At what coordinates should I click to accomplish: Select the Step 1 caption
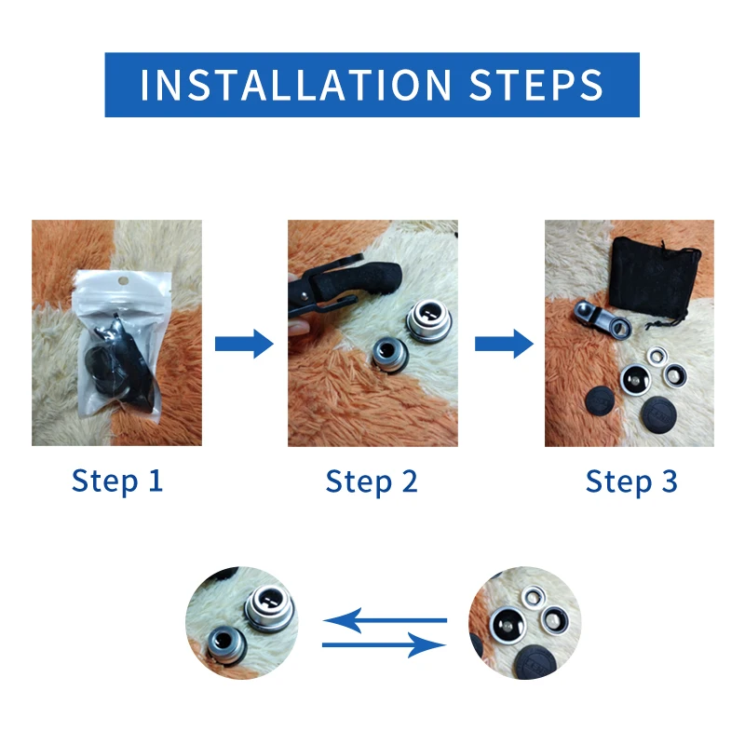(117, 481)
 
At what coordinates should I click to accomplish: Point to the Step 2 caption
(372, 481)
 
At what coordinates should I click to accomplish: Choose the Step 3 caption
(631, 481)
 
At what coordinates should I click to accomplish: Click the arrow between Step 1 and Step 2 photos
(244, 345)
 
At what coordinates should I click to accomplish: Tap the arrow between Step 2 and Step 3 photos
(503, 345)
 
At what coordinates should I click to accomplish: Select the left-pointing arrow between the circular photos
(384, 619)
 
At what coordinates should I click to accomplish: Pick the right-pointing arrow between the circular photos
(384, 644)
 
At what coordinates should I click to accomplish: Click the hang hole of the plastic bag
(118, 280)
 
